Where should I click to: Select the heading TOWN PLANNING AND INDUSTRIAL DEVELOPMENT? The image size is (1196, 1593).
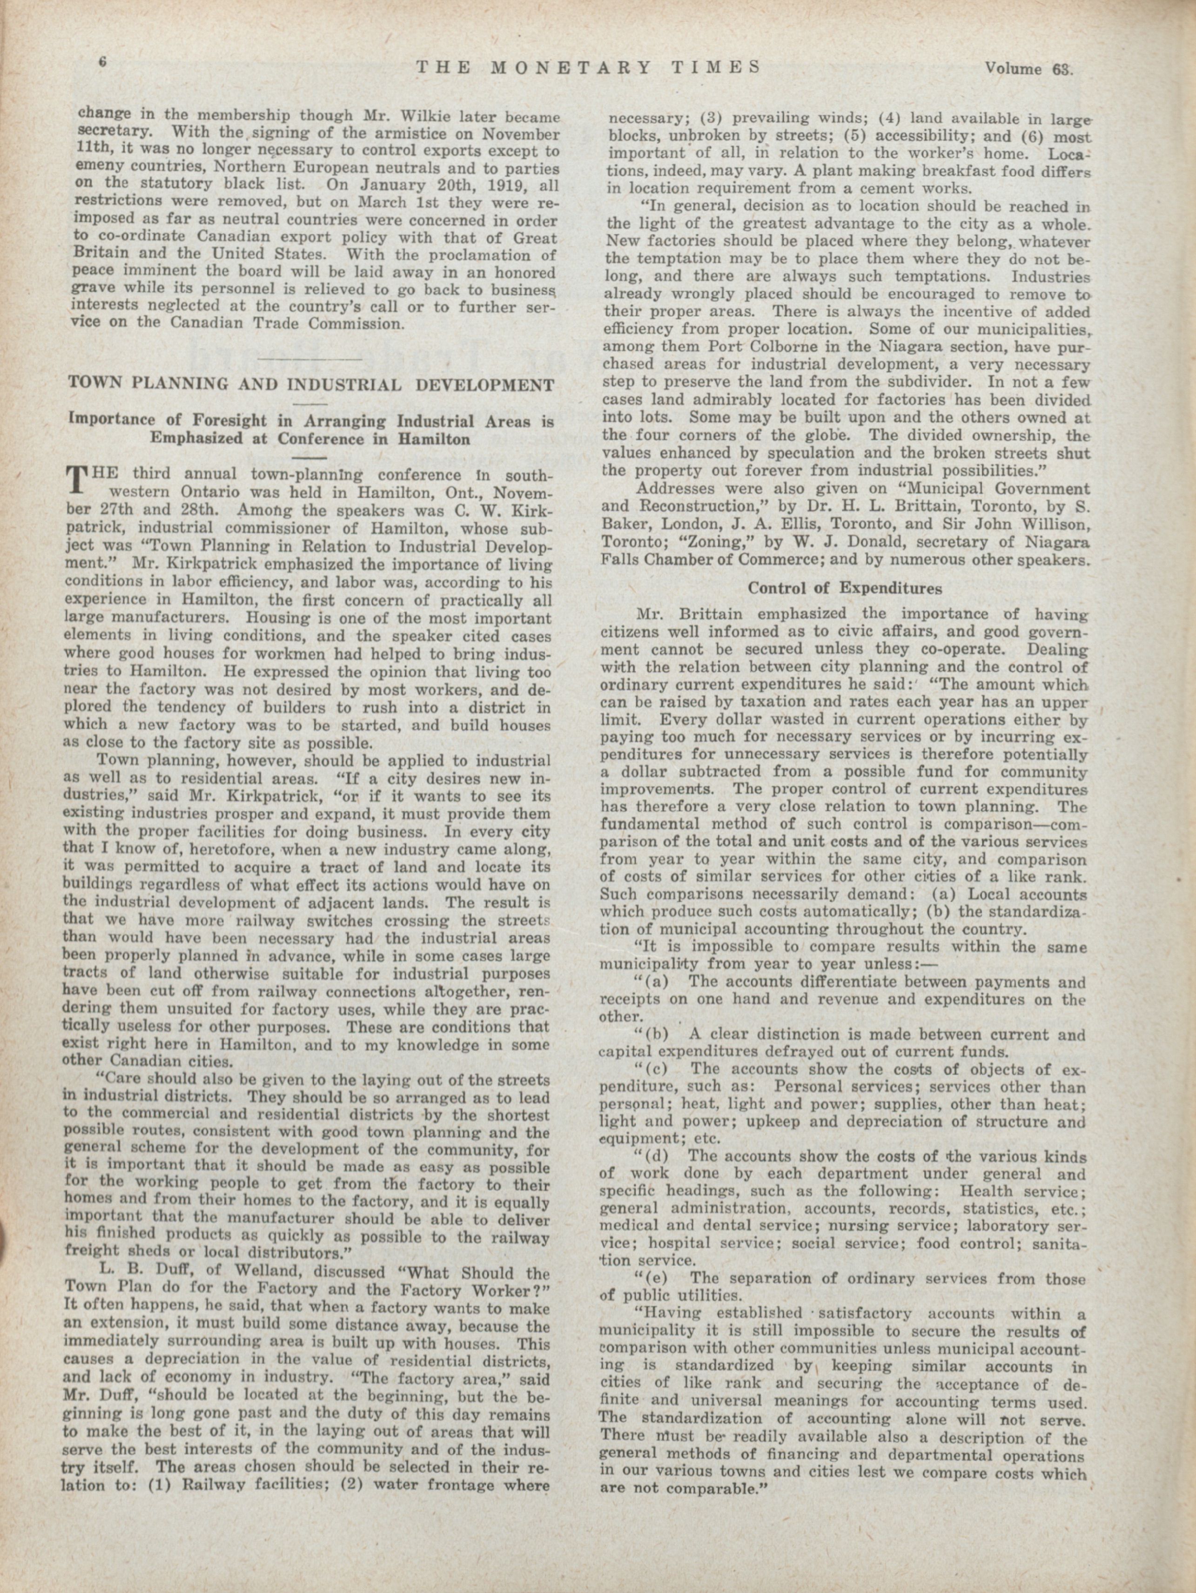point(311,384)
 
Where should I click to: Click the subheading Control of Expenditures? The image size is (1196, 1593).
point(845,588)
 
